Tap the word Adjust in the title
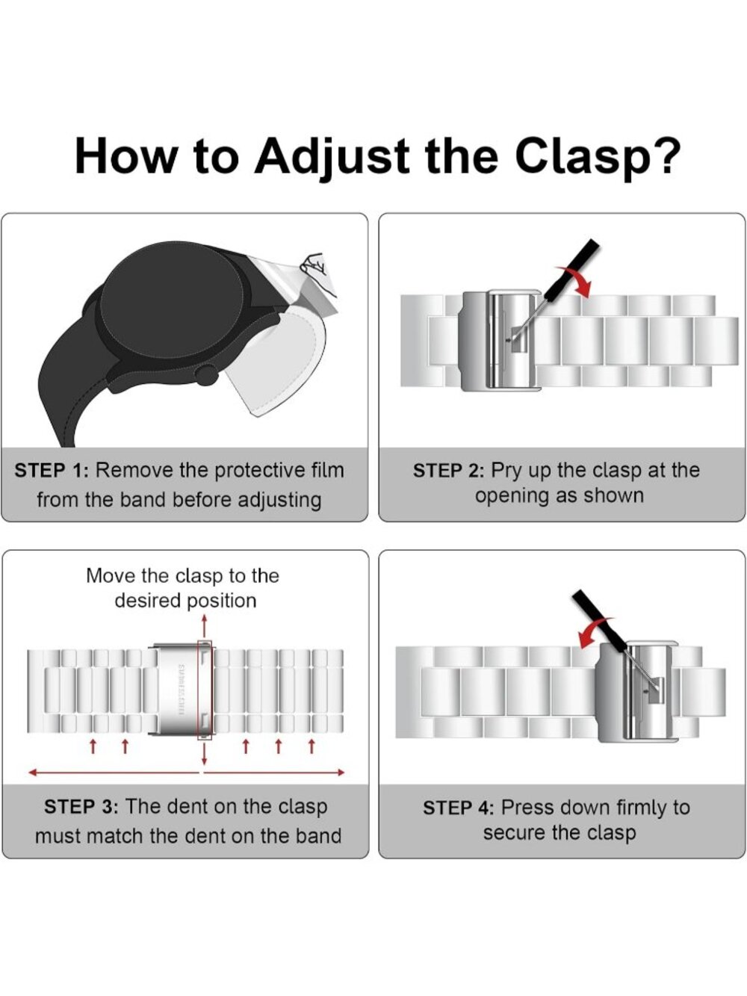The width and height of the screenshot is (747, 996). [x=332, y=157]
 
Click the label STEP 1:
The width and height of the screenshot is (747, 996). [x=52, y=471]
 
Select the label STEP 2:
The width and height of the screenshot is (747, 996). [x=450, y=471]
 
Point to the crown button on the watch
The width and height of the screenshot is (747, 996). [x=207, y=375]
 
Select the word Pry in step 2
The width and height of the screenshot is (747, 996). [x=508, y=471]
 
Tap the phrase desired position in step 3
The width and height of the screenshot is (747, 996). [x=185, y=601]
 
